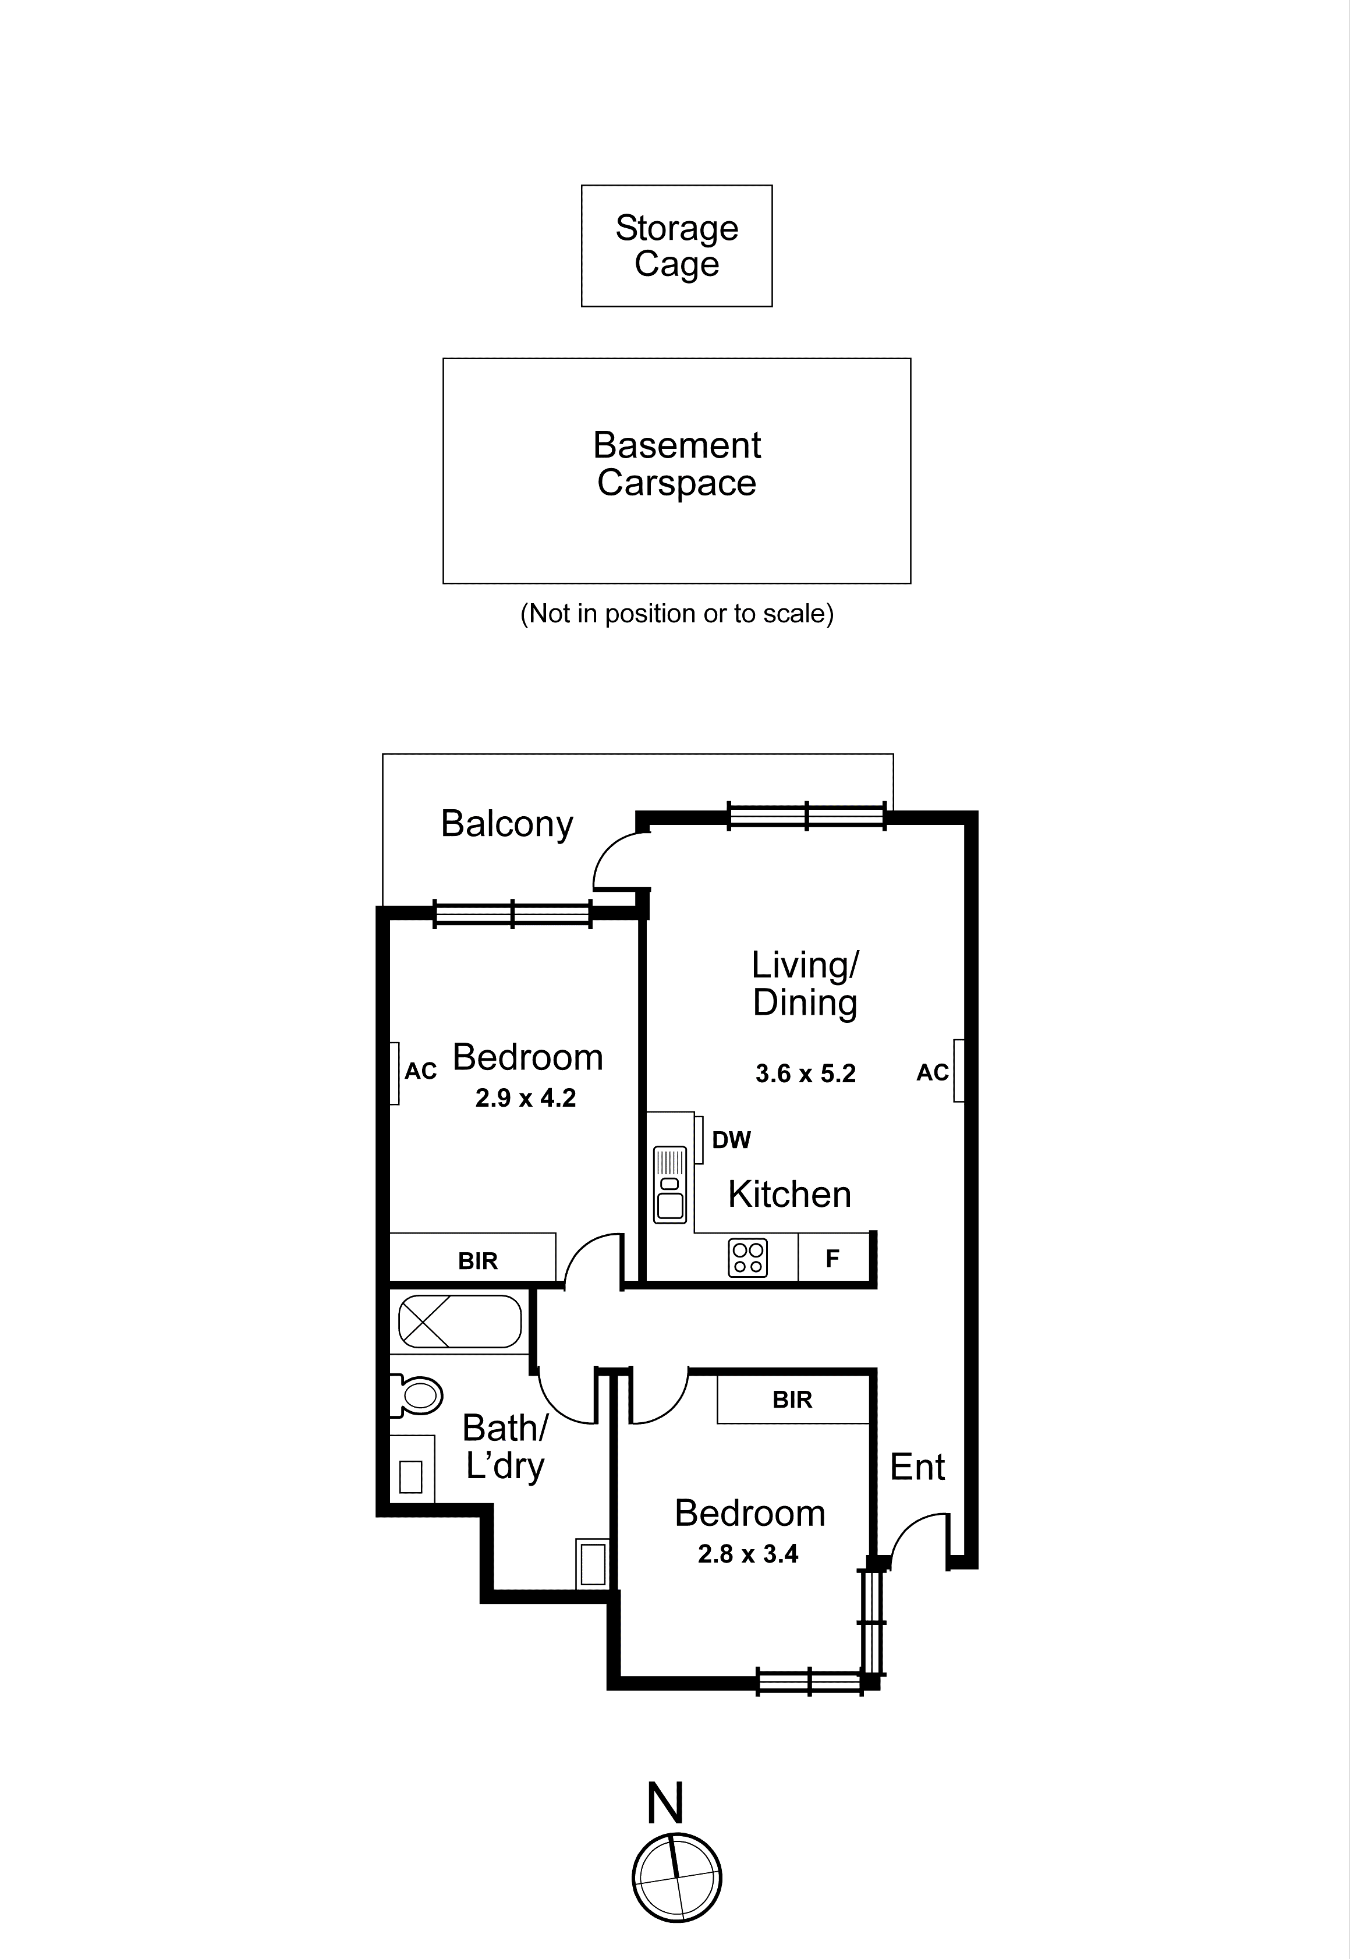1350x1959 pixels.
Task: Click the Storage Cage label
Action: point(676,246)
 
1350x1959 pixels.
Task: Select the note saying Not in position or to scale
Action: point(676,613)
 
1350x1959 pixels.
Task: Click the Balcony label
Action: point(506,824)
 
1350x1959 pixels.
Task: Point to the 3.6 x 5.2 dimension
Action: point(805,1074)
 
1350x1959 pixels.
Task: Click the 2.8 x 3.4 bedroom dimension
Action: point(747,1554)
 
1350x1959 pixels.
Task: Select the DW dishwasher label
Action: point(731,1140)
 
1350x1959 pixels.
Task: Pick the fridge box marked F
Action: point(833,1259)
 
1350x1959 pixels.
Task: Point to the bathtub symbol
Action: point(459,1321)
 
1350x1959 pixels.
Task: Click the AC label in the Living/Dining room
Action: point(932,1072)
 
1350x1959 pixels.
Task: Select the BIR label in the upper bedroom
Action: point(478,1261)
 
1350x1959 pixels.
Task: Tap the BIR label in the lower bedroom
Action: point(792,1400)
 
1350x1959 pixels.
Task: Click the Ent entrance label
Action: point(917,1468)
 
